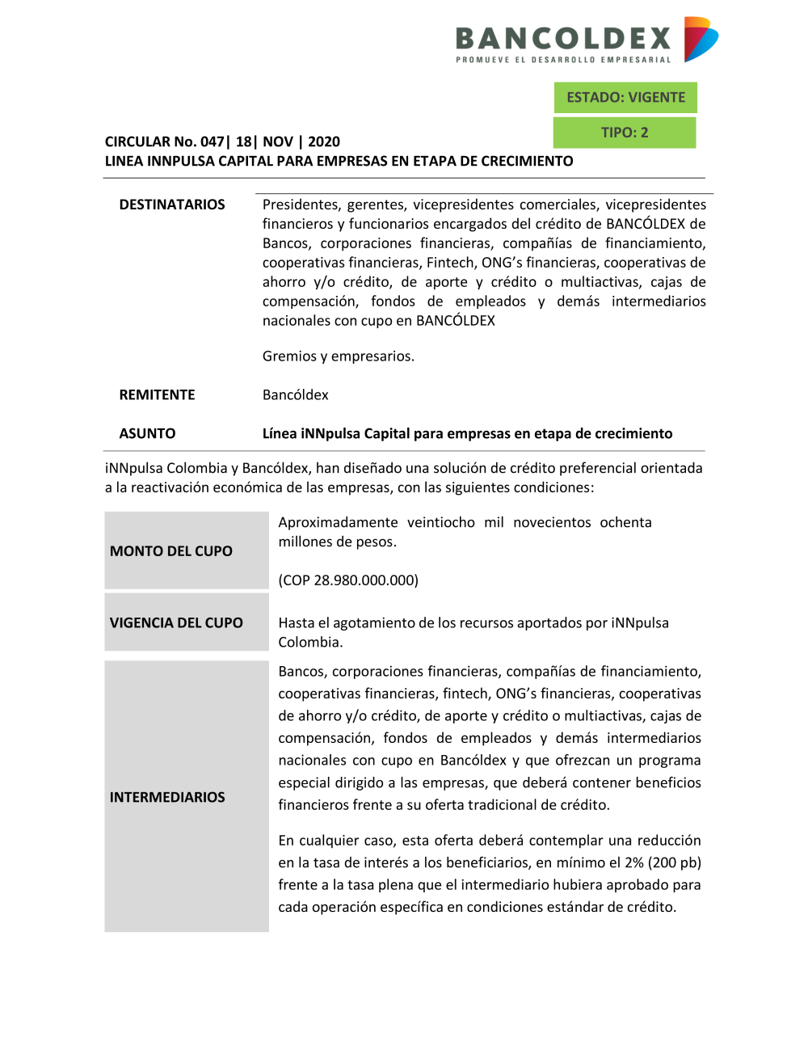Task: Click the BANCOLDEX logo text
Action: [563, 38]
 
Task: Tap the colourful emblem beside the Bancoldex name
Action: [700, 39]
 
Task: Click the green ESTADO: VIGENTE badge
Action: [625, 98]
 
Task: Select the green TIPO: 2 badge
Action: [625, 133]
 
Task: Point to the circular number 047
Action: [212, 141]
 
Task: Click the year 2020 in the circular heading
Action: [324, 141]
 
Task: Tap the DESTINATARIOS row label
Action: [172, 205]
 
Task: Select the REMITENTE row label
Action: [157, 394]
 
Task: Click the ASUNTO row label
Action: [147, 433]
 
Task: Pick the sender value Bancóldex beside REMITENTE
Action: [296, 394]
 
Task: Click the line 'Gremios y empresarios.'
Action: [338, 356]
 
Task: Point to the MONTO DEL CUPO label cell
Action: [171, 551]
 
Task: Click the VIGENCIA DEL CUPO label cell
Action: [176, 622]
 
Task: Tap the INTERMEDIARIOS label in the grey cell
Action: [167, 797]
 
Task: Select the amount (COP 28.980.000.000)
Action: [348, 580]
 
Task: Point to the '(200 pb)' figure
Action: [675, 863]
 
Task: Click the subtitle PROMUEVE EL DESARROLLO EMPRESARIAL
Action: [563, 60]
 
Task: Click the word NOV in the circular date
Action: [278, 141]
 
